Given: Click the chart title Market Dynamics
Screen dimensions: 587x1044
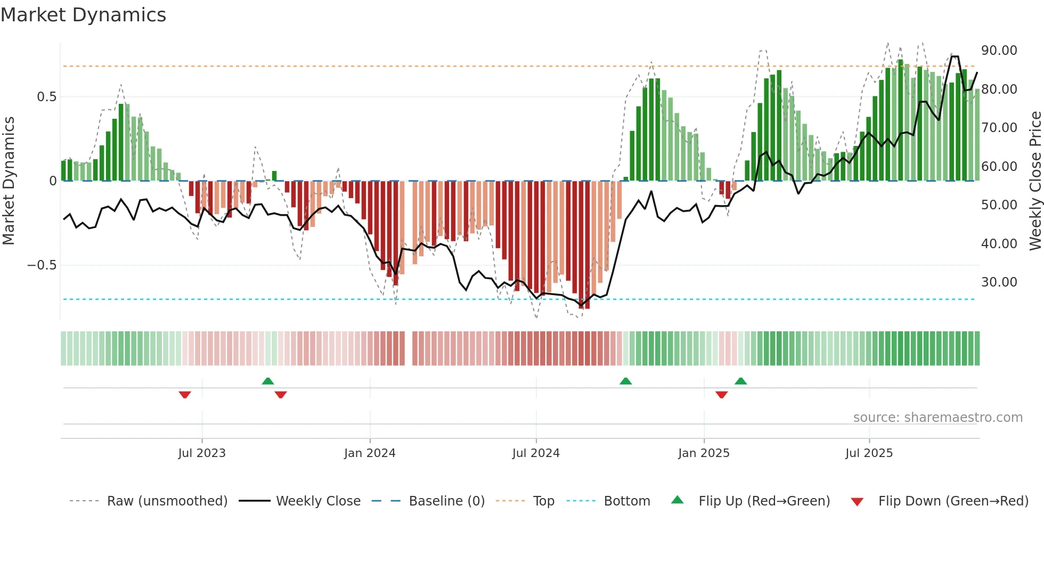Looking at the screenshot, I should point(83,15).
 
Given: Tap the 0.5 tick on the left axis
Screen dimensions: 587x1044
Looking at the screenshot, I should point(46,97).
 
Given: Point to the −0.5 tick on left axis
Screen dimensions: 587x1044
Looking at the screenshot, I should point(42,265).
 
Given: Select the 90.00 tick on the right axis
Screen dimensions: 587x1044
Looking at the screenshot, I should point(999,51).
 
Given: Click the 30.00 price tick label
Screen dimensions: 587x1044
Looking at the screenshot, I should point(999,282).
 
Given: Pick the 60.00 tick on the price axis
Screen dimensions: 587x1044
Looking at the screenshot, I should point(999,167).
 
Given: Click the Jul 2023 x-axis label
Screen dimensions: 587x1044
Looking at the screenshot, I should point(202,453).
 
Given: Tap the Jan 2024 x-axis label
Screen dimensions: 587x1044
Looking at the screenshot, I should point(370,453).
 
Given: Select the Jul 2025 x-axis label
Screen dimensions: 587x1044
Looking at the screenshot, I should point(869,453).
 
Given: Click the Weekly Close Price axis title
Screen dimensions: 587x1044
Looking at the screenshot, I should point(1035,181).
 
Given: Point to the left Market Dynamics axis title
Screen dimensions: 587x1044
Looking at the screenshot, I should point(9,181).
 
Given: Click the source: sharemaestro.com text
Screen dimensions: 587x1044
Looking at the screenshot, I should point(937,418).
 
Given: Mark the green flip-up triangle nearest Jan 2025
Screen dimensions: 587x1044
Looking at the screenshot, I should point(740,381).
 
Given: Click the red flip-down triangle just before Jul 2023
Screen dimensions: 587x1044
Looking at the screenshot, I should point(185,395).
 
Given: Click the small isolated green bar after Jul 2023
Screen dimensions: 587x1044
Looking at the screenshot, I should point(274,176).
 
